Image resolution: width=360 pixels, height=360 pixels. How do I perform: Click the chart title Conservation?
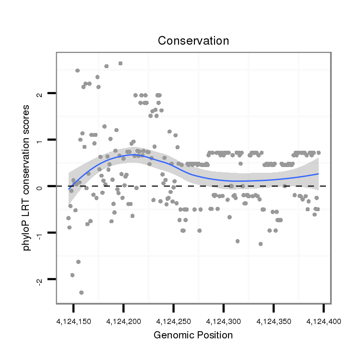coord(193,41)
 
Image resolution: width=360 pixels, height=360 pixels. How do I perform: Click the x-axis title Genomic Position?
coord(193,335)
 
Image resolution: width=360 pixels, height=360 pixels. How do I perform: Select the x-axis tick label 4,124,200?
coord(123,321)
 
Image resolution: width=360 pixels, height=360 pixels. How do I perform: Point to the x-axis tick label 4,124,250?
coord(173,321)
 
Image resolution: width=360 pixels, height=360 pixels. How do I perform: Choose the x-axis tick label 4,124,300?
coord(223,321)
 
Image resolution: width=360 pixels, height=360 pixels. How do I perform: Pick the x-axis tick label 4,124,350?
coord(273,321)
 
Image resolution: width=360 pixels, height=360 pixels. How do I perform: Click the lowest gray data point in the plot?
coord(82,292)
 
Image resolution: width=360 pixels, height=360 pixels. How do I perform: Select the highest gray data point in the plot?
coord(120,63)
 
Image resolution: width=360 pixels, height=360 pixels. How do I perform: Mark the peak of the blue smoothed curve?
coord(131,155)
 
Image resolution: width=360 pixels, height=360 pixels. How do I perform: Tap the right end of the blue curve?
coord(319,174)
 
